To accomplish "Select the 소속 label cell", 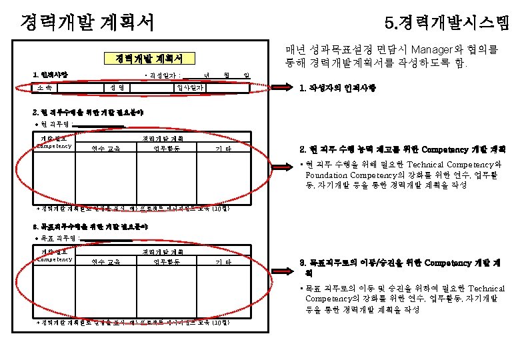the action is click(x=46, y=87).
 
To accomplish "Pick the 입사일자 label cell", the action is click(x=190, y=87).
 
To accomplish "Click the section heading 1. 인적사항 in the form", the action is click(x=50, y=73).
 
